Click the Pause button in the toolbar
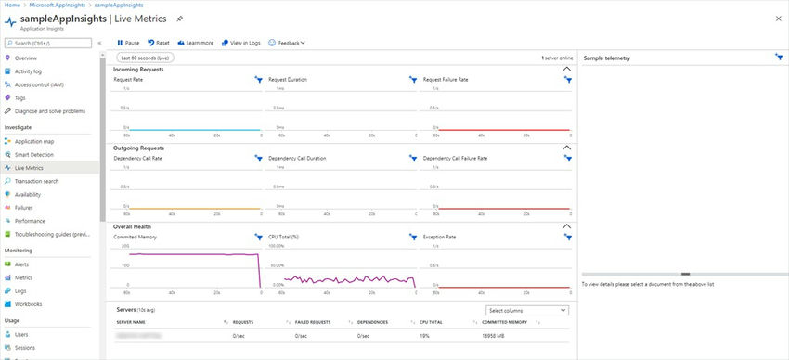coord(128,43)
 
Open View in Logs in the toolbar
coord(240,43)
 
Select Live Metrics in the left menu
coord(29,168)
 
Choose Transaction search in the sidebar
coord(36,181)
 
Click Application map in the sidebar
coord(34,141)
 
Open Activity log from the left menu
coord(28,71)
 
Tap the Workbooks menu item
coord(28,304)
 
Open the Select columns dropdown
coord(527,310)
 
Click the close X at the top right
coord(777,18)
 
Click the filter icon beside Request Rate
coord(259,80)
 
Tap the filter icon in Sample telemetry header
coord(778,58)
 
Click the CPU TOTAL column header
coord(431,322)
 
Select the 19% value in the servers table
coord(424,335)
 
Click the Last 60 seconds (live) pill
coord(144,58)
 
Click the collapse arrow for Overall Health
coord(566,226)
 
